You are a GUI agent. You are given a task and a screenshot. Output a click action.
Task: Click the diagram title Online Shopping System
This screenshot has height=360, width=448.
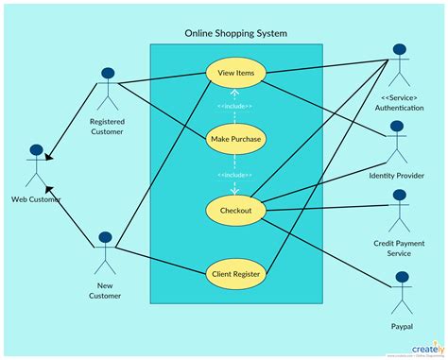235,34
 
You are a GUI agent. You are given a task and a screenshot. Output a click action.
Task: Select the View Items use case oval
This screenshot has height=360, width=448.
235,73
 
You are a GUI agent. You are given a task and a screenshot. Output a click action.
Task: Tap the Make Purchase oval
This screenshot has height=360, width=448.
235,140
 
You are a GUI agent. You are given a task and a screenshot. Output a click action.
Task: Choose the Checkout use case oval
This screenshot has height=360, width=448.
235,211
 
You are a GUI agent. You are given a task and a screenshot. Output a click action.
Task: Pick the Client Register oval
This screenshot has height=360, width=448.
235,274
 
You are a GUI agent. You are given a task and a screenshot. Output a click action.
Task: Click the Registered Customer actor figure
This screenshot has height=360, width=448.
107,90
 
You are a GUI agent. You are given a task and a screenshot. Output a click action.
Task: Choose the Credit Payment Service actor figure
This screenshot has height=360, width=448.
399,209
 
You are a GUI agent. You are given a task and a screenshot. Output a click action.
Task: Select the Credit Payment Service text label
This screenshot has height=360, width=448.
399,248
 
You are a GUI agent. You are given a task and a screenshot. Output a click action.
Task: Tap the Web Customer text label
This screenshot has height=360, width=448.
37,198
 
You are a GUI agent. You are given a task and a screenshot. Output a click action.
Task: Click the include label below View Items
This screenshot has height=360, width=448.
235,105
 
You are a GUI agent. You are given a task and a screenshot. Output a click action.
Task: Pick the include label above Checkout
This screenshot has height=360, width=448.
235,175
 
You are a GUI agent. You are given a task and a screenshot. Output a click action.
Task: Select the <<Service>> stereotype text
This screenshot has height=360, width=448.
399,97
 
